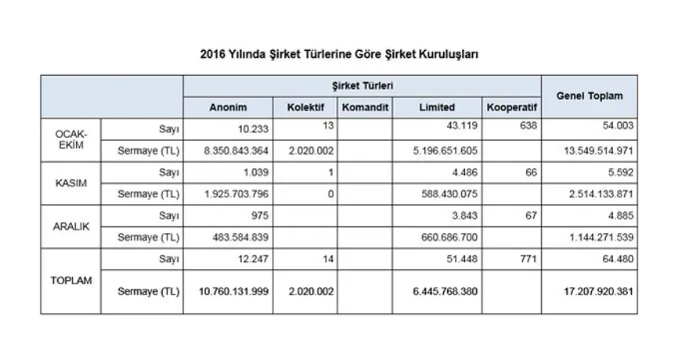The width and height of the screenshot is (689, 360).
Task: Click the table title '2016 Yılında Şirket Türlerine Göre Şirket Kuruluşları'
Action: point(339,55)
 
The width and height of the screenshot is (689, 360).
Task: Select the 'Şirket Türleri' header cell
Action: point(362,85)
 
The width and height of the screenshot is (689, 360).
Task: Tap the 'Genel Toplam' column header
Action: point(590,95)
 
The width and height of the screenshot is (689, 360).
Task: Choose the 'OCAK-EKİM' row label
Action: point(70,139)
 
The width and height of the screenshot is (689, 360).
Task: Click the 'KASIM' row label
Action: point(70,183)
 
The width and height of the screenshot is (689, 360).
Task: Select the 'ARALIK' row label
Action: point(70,225)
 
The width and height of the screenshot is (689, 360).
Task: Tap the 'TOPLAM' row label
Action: point(70,279)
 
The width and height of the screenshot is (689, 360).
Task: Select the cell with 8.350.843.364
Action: point(229,150)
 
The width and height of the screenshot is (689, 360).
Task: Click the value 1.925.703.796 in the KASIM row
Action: point(229,193)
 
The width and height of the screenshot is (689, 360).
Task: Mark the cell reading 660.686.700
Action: point(442,236)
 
